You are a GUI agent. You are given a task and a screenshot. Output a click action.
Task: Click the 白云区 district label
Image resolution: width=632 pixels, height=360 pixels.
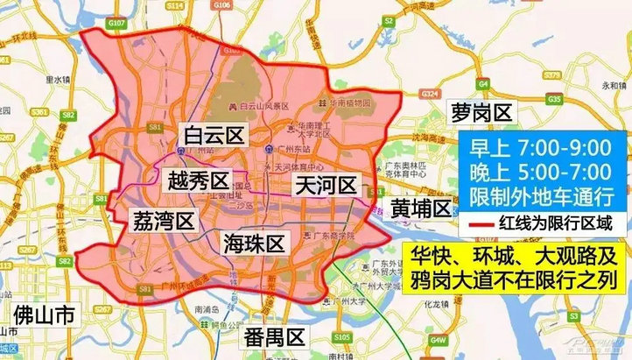tap(214, 134)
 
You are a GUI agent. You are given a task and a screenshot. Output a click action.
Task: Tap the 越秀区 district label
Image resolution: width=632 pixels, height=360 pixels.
tap(197, 182)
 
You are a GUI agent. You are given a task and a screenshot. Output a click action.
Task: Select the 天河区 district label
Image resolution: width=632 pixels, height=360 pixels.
tap(325, 185)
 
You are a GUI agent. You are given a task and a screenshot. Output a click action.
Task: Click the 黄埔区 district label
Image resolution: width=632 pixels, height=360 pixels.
tap(420, 208)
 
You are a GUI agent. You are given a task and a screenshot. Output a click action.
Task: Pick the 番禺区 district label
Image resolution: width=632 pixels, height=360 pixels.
tap(273, 336)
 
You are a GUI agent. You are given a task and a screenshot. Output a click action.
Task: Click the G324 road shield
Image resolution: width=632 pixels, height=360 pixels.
tap(430, 92)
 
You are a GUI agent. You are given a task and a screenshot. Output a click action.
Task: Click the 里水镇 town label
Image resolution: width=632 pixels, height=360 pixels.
tap(54, 80)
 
